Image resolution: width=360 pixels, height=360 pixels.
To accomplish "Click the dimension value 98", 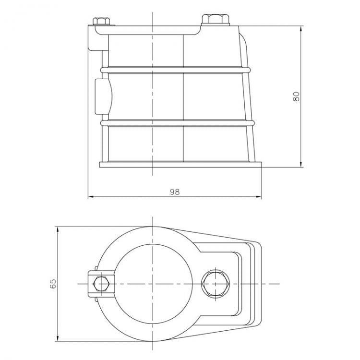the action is [x=175, y=192].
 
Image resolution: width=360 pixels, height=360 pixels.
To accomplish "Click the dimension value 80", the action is [x=296, y=96].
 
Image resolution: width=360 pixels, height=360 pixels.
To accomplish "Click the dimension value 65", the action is [x=53, y=284].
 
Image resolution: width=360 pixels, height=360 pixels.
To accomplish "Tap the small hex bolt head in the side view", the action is [x=101, y=21].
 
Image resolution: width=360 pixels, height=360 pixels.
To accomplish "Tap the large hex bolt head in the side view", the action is [x=216, y=19].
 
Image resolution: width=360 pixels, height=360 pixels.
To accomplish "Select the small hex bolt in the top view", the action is [x=101, y=284].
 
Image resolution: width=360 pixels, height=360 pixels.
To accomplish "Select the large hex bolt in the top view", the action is [x=216, y=284].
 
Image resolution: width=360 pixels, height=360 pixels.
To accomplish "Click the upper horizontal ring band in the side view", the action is [x=176, y=70].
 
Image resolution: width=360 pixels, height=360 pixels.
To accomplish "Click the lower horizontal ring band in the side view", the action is [x=178, y=123].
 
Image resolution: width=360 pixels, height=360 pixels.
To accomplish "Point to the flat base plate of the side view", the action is [x=180, y=165].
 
